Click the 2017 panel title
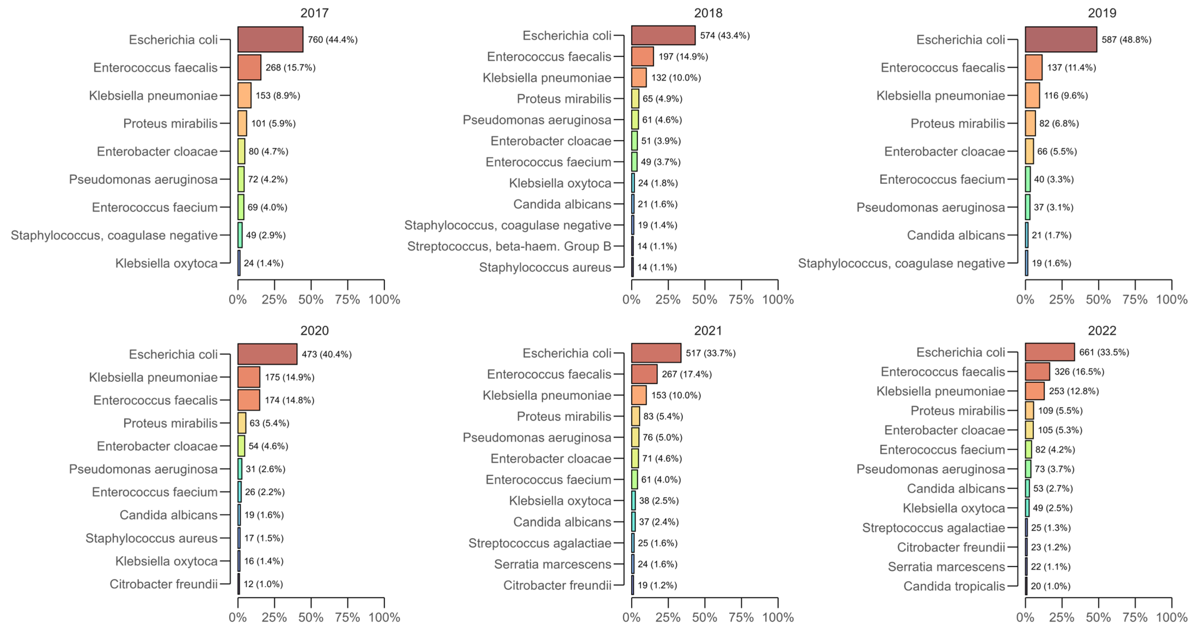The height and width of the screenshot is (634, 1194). point(314,13)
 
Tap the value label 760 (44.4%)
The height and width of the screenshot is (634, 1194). point(332,40)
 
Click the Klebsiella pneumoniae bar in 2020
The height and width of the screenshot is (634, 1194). point(249,377)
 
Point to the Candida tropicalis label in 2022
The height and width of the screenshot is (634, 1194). point(954,586)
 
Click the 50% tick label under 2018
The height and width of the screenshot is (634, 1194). point(704,299)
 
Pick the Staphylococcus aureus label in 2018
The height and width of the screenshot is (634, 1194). point(545,267)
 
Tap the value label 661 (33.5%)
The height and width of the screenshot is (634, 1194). point(1104,352)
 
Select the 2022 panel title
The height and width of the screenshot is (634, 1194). point(1102,330)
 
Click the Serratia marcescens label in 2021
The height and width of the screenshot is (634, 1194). point(552,564)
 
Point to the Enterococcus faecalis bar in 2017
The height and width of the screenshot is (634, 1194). point(249,68)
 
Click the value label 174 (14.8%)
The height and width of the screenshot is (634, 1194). point(289,400)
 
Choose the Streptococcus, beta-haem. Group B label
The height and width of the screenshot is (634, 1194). point(509,246)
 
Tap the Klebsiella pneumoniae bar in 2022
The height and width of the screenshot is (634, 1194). point(1035,391)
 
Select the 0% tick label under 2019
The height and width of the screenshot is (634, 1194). point(1025,299)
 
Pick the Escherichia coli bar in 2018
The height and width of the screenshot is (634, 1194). point(663,35)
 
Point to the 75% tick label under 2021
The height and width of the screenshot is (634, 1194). point(741,617)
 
